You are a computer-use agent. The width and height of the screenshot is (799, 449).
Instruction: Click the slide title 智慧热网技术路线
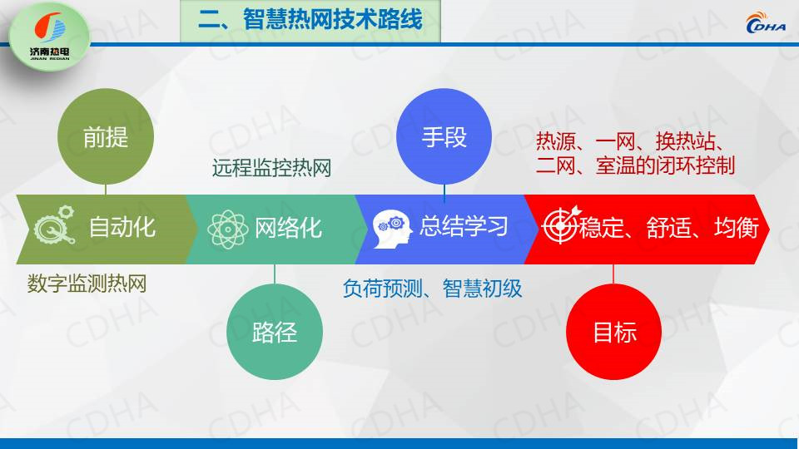pos(310,20)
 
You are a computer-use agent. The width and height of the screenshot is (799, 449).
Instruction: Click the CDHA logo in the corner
pos(766,22)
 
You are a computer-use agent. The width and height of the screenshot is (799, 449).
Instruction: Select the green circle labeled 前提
pos(106,136)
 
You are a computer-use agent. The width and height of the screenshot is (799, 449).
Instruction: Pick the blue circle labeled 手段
pos(444,136)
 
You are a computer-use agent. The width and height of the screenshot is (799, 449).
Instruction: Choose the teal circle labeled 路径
pos(275,332)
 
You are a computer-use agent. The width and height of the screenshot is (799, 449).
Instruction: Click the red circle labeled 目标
pos(614,332)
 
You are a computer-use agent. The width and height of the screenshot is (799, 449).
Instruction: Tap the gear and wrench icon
pos(55,224)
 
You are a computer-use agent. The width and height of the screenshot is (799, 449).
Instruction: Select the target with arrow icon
pos(561,224)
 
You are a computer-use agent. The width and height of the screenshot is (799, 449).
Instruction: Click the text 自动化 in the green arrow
pos(122,226)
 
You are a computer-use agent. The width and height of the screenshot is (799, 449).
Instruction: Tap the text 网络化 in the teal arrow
pos(288,228)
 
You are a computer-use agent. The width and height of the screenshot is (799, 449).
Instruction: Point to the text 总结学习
pos(464,226)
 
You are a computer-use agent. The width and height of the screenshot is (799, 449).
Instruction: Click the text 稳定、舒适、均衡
pos(669,227)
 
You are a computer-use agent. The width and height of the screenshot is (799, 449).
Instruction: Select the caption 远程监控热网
pos(271,167)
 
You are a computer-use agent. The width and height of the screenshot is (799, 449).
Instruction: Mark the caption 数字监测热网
pos(87,283)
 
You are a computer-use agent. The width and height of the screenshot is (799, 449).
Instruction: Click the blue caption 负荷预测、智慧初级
pos(432,289)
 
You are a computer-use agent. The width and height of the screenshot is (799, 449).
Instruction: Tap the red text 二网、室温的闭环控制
pos(635,165)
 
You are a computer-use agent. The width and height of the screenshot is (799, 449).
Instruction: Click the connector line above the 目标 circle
pos(613,274)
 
